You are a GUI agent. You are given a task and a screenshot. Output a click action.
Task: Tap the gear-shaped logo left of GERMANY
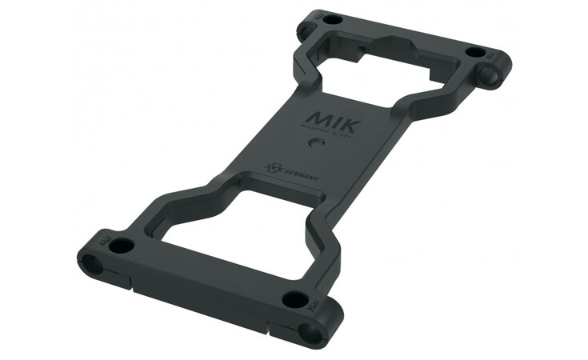click(x=273, y=169)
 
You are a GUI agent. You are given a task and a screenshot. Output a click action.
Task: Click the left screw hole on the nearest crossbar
click(x=119, y=245)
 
